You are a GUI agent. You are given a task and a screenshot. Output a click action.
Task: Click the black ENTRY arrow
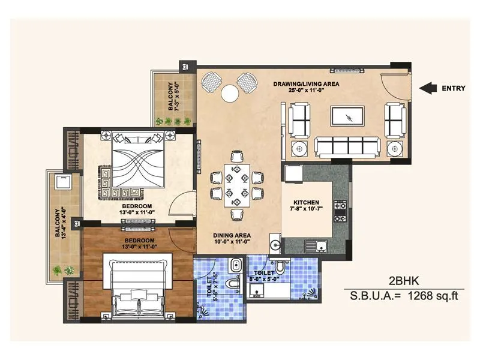pos(427,88)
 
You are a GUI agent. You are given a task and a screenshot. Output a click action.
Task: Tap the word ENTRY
pos(454,88)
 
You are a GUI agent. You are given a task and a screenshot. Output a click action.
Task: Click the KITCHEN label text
pos(306,202)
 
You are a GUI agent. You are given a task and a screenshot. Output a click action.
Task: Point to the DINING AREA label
pos(232,235)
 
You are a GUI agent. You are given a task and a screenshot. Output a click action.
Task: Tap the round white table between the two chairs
pos(229,92)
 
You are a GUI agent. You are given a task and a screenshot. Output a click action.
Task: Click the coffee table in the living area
pos(347,116)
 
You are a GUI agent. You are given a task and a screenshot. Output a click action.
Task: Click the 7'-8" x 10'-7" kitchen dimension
pos(306,209)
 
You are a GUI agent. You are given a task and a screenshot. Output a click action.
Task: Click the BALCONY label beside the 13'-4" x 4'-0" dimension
pos(58,223)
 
